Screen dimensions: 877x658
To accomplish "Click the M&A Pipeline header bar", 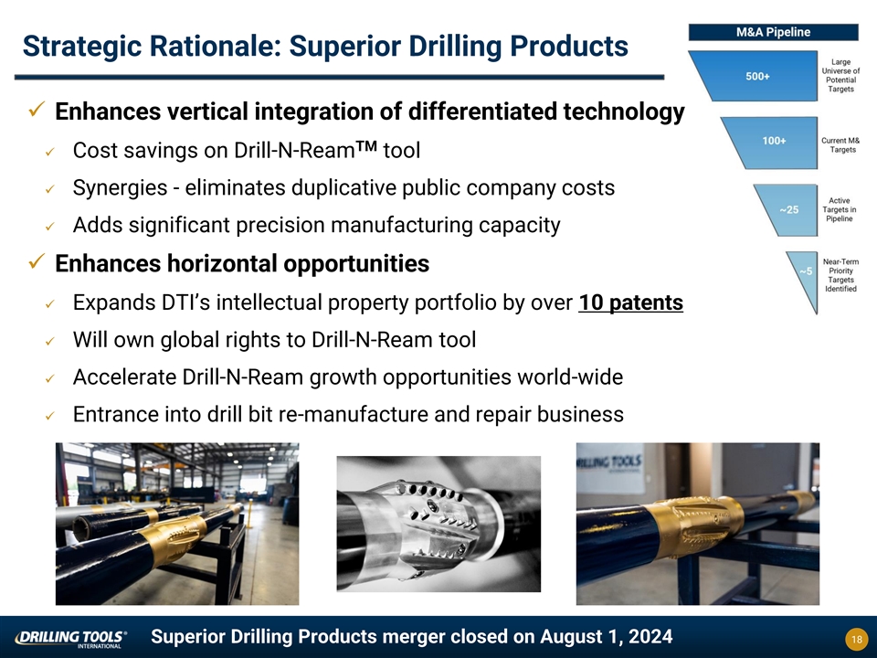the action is pos(773,33).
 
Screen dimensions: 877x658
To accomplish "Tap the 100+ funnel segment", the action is pos(775,143).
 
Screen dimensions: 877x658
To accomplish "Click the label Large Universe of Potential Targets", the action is pos(840,76).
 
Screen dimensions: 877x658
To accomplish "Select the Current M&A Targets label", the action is pos(840,145).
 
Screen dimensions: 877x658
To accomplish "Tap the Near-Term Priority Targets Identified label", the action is pos(840,275).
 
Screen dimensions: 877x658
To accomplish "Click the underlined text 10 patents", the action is pos(630,302).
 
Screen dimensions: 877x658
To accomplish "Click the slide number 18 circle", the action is pos(856,639).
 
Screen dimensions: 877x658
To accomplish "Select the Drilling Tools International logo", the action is pos(71,639).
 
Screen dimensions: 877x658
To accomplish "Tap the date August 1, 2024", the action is pos(607,637).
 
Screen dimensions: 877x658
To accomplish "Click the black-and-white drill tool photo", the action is pos(438,524).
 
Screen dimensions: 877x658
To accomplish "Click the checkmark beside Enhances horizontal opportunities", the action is pos(37,260).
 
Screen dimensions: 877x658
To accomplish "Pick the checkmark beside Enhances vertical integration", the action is pos(37,109).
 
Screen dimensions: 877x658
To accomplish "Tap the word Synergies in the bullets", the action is pos(120,188).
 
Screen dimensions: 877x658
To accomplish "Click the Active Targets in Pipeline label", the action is pos(839,210).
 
